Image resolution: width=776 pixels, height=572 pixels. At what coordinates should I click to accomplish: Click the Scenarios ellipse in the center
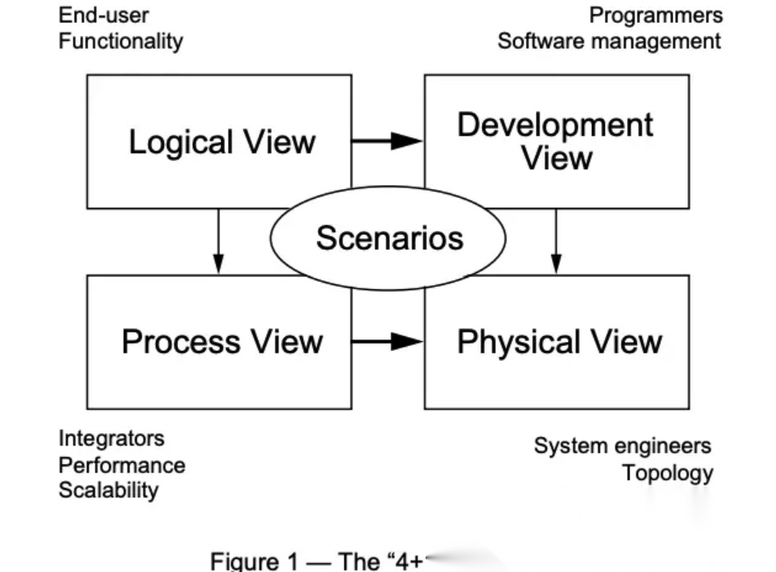click(388, 239)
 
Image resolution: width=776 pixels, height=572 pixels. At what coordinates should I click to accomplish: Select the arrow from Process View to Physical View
click(388, 342)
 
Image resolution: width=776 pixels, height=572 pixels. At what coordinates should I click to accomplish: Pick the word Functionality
click(121, 41)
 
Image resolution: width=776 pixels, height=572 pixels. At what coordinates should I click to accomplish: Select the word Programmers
click(656, 15)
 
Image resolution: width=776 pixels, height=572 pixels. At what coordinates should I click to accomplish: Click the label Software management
click(609, 41)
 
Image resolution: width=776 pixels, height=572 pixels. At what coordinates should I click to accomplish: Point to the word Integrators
click(111, 439)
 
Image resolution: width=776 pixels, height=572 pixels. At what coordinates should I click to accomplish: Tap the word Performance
click(122, 465)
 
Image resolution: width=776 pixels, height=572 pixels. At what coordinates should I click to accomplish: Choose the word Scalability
click(108, 491)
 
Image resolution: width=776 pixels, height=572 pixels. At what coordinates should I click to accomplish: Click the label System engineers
click(622, 446)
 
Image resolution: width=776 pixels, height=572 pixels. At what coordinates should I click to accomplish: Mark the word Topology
click(668, 473)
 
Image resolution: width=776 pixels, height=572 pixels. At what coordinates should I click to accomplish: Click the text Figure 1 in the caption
click(256, 561)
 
